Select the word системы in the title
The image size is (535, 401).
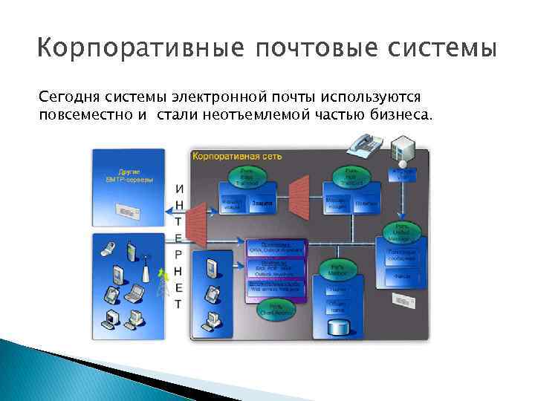pos(450,50)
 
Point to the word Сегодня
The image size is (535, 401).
pos(69,97)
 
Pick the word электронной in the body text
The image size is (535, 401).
pos(233,97)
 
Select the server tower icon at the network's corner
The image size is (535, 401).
pos(402,148)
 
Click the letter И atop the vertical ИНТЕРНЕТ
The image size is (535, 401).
pos(179,189)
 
